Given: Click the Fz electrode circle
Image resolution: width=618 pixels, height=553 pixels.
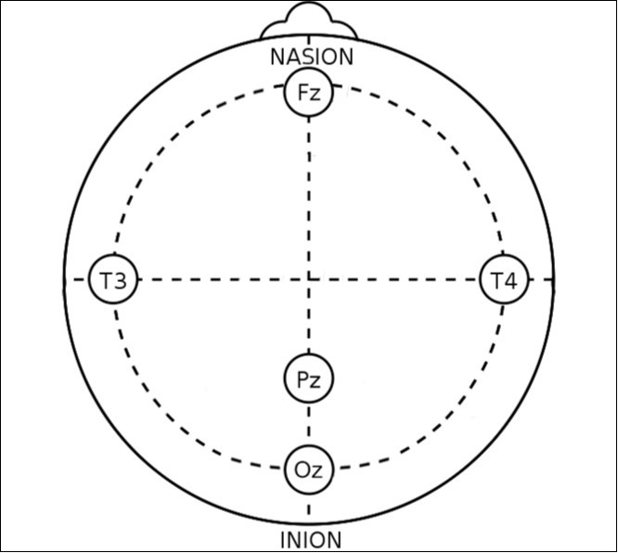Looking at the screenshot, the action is tap(309, 92).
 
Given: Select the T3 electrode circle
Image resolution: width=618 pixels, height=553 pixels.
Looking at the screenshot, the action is tap(113, 279).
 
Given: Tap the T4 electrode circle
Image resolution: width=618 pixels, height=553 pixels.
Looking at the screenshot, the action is tap(504, 279).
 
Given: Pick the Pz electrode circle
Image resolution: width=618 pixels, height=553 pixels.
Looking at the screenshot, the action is tap(309, 379).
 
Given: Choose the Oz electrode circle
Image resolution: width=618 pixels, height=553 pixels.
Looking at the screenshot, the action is tap(309, 469).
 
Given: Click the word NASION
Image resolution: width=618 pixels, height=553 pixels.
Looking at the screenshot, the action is tap(312, 58).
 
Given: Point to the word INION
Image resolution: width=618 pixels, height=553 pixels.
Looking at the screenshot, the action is tap(311, 540).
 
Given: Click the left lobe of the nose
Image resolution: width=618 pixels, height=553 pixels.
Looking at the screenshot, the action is tap(274, 30).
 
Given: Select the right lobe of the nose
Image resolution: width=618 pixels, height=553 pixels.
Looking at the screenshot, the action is tap(343, 30).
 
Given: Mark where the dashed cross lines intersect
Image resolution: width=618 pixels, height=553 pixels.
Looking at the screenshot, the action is tap(309, 279).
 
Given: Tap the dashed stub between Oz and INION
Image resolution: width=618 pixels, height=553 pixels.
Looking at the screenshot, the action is tap(309, 508).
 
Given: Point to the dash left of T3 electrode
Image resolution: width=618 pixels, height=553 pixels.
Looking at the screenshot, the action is tap(79, 279).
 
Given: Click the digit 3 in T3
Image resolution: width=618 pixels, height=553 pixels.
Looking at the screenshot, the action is tap(120, 281).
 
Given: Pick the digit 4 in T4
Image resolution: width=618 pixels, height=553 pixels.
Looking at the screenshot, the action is tap(510, 281).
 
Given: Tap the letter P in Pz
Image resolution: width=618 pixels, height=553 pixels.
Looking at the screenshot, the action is tap(303, 379).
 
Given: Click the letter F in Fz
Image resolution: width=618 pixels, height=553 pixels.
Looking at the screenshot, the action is tap(303, 92).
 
